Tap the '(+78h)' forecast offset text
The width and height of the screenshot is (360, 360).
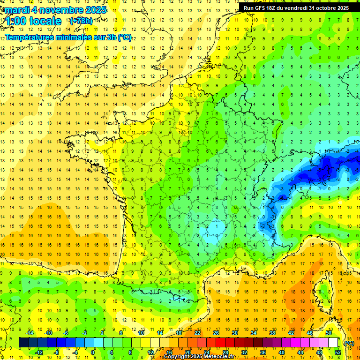pos(81,21)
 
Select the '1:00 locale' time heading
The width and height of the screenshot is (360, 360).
pos(33,21)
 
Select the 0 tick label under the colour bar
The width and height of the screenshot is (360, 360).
pos(93,352)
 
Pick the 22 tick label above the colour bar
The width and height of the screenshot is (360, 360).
pos(197,333)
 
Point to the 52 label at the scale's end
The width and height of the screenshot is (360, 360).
pos(338,352)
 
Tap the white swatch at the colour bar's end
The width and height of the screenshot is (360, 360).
pos(333,343)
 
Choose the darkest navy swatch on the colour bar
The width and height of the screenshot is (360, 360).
pos(23,343)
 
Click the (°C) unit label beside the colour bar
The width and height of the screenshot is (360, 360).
pos(349,343)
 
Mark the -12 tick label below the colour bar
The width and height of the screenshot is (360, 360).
pos(39,352)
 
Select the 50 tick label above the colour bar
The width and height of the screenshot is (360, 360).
pos(329,333)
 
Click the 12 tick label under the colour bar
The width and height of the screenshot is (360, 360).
pos(150,352)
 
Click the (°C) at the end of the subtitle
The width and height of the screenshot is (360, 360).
pos(125,37)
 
